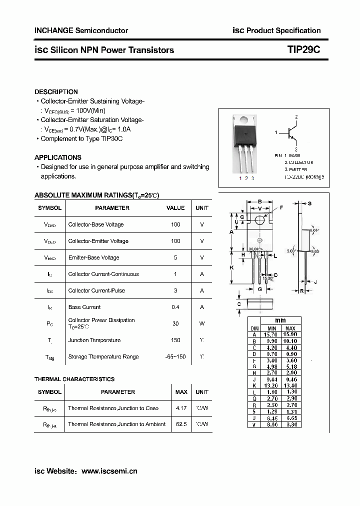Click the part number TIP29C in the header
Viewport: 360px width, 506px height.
(x=303, y=50)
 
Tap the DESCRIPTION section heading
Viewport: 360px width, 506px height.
(x=56, y=92)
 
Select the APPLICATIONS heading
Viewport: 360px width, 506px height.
(x=58, y=157)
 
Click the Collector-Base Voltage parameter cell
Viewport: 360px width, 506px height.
(x=96, y=224)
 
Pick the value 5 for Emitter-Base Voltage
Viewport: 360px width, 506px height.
(x=175, y=257)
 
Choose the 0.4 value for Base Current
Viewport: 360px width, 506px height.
(x=175, y=307)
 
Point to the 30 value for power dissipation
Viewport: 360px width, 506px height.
(x=175, y=323)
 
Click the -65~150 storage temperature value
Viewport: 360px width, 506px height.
(x=175, y=356)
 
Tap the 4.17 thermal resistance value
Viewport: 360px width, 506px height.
(x=181, y=408)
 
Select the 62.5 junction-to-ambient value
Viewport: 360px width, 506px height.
(x=181, y=424)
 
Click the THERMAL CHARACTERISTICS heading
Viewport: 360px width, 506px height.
(x=74, y=379)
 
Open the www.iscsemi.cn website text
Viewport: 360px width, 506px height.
(x=109, y=471)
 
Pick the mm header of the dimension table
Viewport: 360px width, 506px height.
(x=280, y=320)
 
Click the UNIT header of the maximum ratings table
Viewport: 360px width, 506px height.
(x=202, y=208)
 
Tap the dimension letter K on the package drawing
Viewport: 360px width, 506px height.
(x=231, y=268)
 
